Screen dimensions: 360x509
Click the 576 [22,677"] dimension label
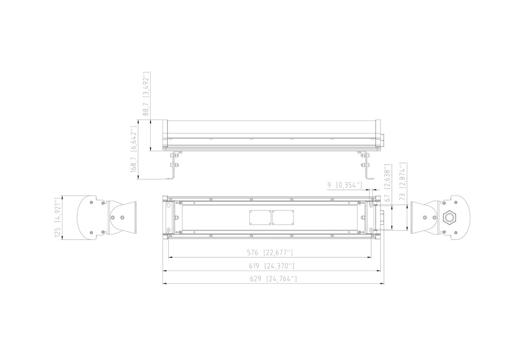tap(270, 253)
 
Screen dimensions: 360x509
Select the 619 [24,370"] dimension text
tap(271, 266)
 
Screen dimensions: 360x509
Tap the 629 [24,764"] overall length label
tap(272, 279)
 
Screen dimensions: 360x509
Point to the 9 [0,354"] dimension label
tap(344, 185)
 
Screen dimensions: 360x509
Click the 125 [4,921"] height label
tap(59, 218)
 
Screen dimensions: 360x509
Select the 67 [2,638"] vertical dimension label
tap(387, 182)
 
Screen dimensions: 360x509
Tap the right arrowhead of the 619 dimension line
tap(378, 270)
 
